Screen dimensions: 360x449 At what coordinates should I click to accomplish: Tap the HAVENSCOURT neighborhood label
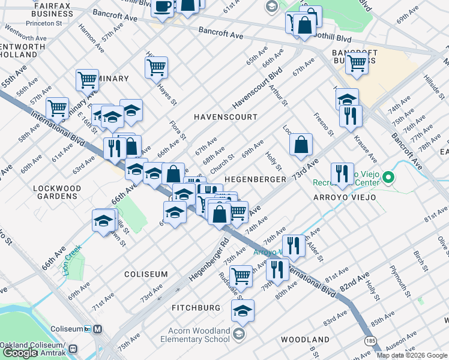pos(225,117)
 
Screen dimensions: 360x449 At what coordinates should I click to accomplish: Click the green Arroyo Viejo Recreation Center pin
pos(388,177)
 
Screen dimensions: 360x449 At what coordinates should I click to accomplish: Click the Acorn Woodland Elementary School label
pos(195,335)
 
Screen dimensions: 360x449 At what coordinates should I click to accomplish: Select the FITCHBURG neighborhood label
pos(196,308)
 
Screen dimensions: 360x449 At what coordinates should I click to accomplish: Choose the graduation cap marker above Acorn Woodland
pos(243,311)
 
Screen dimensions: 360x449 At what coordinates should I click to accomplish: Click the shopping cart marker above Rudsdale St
pos(241,276)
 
